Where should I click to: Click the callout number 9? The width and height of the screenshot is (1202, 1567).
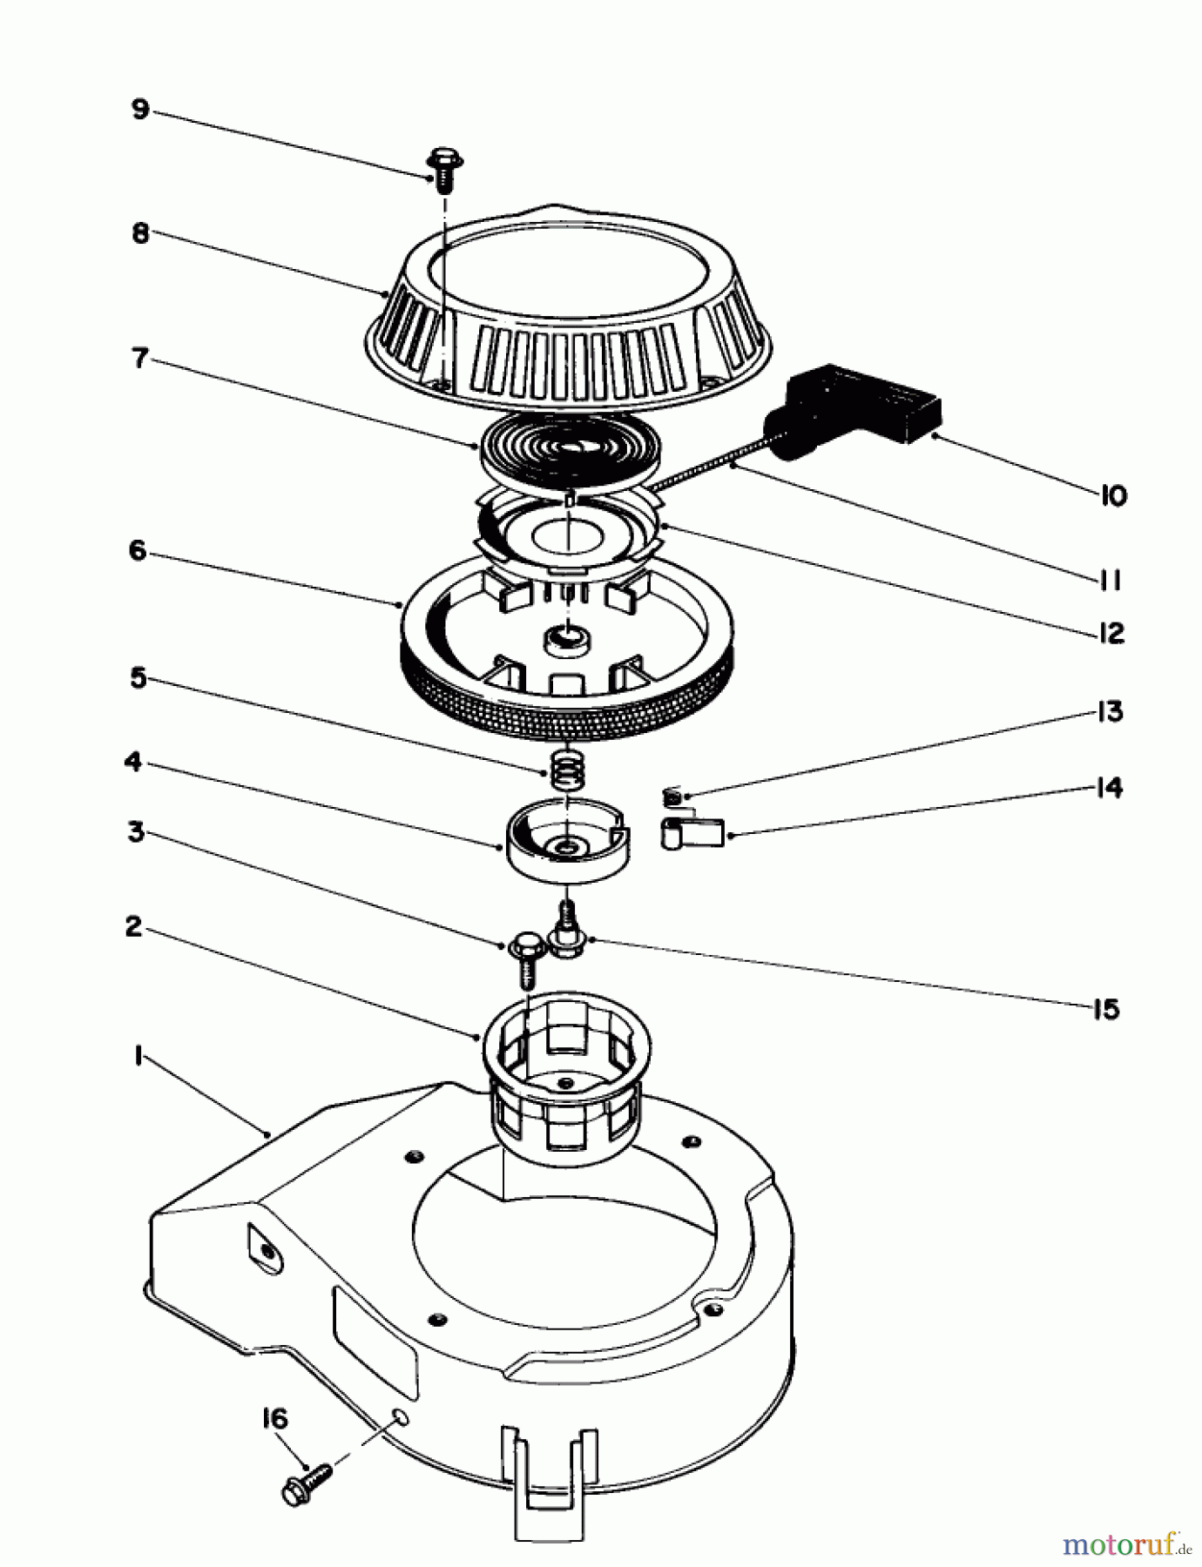click(140, 110)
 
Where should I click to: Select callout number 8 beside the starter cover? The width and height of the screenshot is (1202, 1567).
click(140, 233)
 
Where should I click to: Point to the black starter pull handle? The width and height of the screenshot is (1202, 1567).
click(858, 407)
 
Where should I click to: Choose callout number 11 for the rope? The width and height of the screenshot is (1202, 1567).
click(1110, 580)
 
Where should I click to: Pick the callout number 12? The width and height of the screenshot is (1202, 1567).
click(1111, 633)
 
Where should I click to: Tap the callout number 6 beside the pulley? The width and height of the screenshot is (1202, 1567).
click(138, 551)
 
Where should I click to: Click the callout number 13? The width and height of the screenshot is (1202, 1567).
click(1110, 711)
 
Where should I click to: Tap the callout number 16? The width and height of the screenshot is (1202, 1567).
click(273, 1419)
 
